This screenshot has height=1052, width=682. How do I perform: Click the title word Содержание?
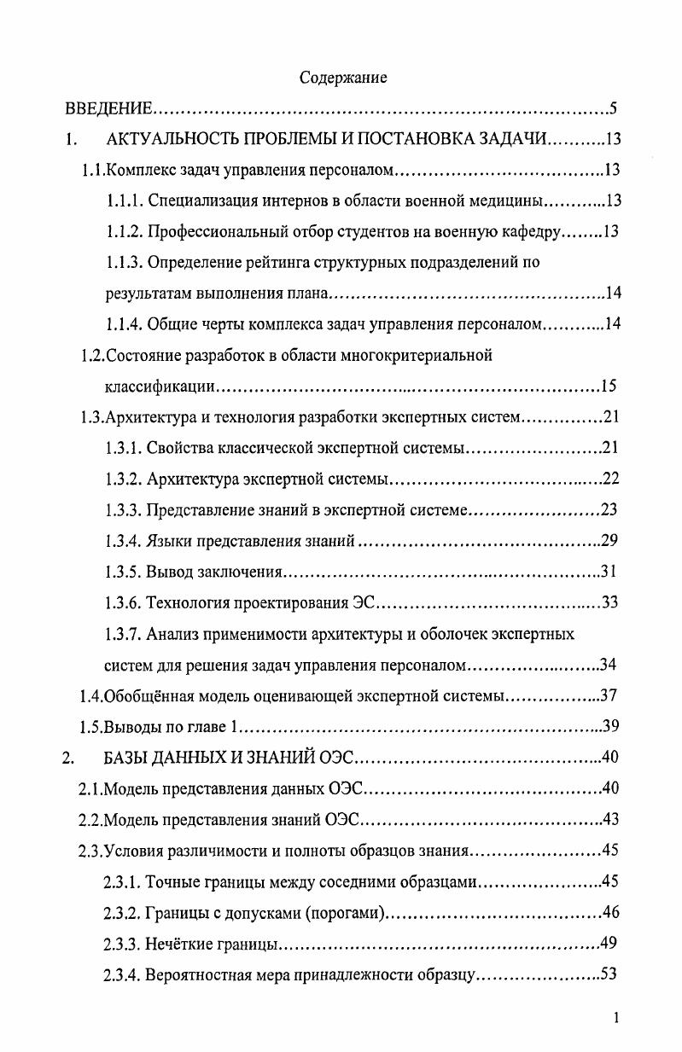(x=343, y=78)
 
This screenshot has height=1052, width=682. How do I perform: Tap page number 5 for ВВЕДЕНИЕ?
(x=613, y=109)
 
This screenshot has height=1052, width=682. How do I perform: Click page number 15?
(x=608, y=387)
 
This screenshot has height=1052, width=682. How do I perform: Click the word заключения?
(x=238, y=572)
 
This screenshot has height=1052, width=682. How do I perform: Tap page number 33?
(x=609, y=603)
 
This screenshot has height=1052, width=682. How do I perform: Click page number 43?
(x=609, y=819)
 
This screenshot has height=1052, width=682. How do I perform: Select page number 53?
(x=608, y=974)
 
